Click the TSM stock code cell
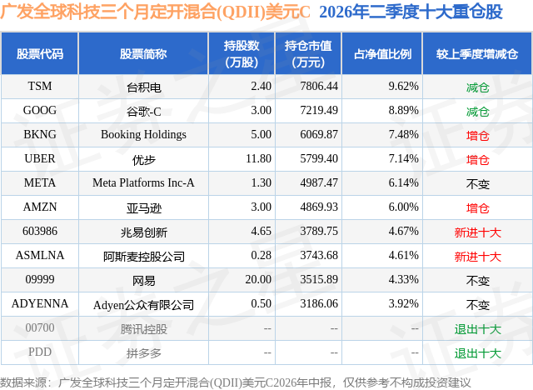[40, 87]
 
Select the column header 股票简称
[143, 53]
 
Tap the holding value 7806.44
[319, 87]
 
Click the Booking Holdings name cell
[143, 135]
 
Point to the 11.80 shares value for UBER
[258, 159]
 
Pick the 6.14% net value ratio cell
[403, 183]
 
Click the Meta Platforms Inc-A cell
[143, 183]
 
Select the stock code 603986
[40, 231]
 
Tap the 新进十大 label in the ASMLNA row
[477, 257]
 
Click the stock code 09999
[40, 279]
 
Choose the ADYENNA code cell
[40, 303]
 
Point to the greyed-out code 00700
[40, 327]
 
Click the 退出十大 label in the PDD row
[477, 353]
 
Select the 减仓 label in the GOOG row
[477, 112]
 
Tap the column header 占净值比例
[382, 53]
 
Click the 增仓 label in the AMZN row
[477, 208]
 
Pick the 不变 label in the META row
[477, 184]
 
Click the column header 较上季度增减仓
[477, 53]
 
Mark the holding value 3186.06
[319, 303]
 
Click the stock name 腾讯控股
[143, 329]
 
